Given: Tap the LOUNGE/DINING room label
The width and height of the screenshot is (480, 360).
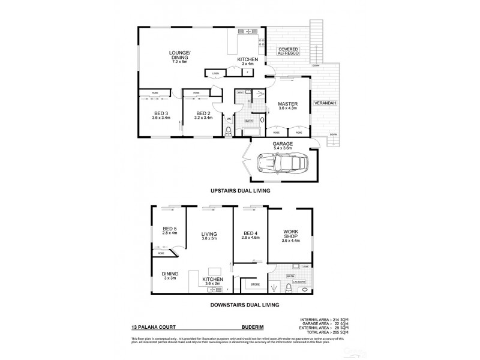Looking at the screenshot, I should point(179,58).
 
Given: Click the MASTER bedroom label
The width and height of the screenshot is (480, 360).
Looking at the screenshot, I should point(287,106).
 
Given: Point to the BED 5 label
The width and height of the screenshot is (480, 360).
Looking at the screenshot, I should point(170,230).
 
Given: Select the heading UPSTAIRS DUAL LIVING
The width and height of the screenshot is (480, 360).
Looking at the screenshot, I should point(240,190).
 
